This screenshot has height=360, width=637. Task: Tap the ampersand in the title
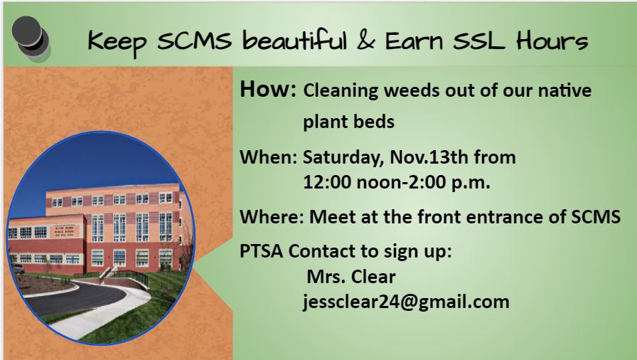point(365,41)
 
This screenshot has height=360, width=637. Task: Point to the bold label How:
point(268,90)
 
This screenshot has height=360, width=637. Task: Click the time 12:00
point(327,182)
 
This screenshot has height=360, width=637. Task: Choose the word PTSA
point(262,252)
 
